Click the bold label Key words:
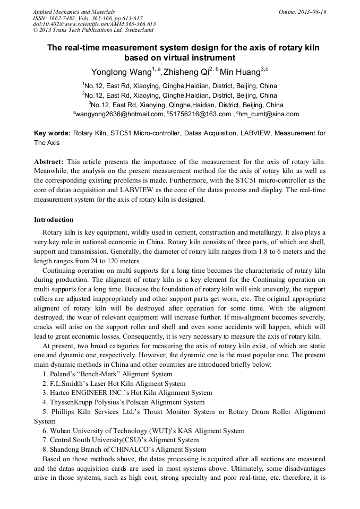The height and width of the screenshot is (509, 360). [x=52, y=133]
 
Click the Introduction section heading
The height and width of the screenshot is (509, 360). [x=54, y=220]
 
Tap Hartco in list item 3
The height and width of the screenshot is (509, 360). [x=61, y=393]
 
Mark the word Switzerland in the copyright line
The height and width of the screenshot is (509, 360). [x=133, y=30]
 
